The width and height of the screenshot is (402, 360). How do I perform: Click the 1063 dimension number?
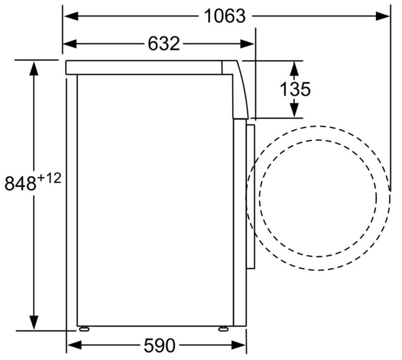(225, 16)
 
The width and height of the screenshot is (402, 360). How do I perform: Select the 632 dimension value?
(164, 44)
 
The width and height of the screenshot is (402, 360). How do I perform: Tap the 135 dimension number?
(295, 89)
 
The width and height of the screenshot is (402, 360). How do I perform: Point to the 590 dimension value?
(160, 345)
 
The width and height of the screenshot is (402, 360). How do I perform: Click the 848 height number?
(20, 183)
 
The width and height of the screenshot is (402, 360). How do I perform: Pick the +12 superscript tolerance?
(50, 178)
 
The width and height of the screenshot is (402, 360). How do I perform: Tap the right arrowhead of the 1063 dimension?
(383, 16)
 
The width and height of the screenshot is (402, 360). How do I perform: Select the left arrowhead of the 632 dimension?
(70, 44)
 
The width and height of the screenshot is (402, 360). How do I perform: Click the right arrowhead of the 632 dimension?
(247, 44)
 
